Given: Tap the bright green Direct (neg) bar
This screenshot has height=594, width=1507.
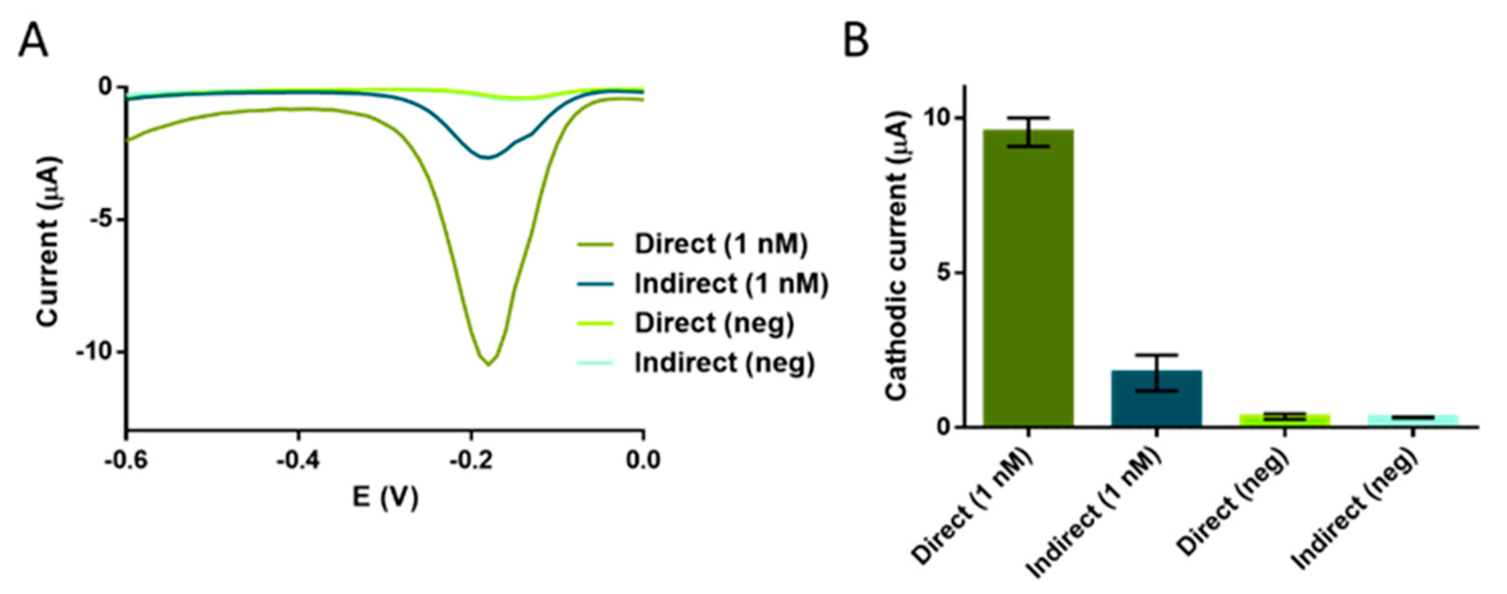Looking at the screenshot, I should pos(1285,420).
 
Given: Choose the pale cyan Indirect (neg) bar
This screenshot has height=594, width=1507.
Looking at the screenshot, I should pos(1413,420).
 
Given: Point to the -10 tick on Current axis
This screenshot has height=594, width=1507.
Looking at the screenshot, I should pos(95,352).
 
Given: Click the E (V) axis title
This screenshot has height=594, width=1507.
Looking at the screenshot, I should pos(385,498).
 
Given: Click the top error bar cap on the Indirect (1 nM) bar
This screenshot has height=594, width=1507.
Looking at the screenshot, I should pos(1157,355).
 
